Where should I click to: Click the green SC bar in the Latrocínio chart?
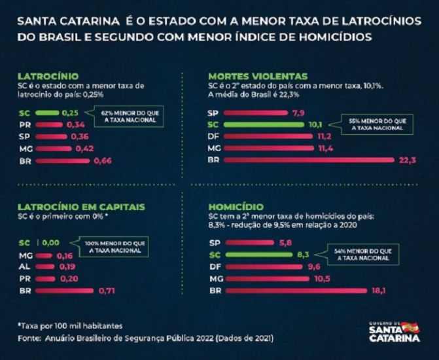(x=48, y=113)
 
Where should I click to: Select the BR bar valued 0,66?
(x=63, y=160)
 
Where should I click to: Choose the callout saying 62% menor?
(x=130, y=117)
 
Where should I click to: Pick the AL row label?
(x=24, y=266)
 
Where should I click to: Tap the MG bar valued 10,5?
(x=272, y=278)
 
